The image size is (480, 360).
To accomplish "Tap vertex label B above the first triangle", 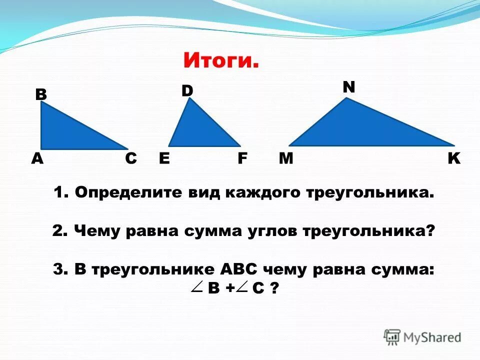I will point(40,94).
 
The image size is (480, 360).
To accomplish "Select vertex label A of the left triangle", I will point(37,158).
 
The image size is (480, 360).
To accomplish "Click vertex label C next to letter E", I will point(130,158).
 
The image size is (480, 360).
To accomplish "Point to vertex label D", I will point(187,90).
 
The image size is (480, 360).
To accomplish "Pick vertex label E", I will point(164,158).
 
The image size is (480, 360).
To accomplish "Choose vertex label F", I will point(242,158).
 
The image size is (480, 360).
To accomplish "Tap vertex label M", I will point(285,158).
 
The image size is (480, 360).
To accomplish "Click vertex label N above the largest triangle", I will point(348,87).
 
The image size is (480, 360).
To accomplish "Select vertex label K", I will point(453,158).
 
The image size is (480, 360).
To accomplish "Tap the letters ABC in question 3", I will point(238,269).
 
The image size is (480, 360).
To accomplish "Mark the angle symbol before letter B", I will point(196,287).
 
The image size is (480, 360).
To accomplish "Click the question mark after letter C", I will point(273,288).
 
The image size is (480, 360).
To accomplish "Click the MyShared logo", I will point(422,337).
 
